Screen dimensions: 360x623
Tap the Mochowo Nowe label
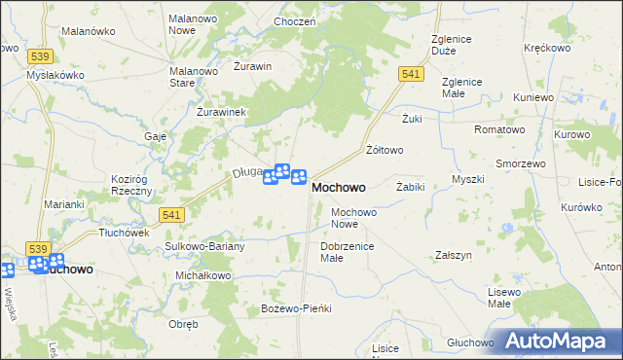(353, 217)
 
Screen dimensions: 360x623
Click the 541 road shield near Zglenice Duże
(410, 74)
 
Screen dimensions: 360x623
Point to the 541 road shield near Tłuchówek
(170, 214)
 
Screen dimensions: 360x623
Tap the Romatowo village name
(499, 129)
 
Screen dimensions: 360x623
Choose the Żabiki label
(411, 186)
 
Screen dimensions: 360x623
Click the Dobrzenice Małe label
(346, 252)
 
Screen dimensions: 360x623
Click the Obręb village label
(183, 324)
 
